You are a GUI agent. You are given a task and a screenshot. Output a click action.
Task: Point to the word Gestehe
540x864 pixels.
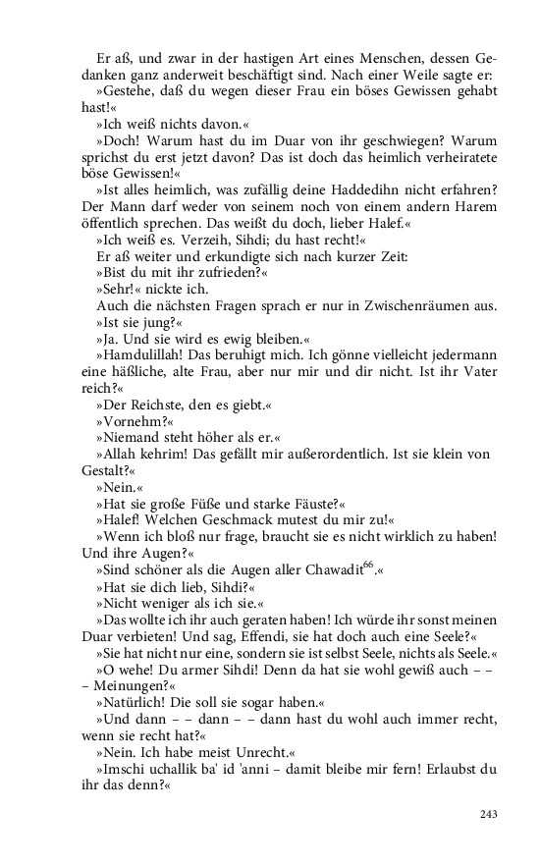130,90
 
